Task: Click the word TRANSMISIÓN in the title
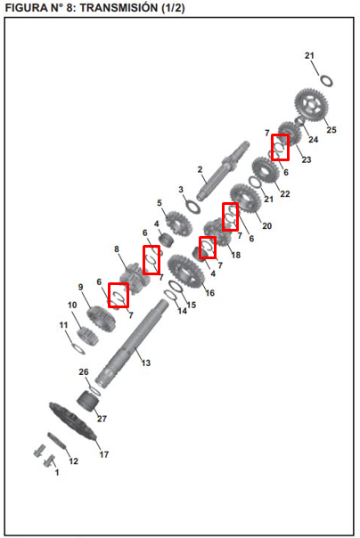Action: click(119, 7)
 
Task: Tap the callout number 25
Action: click(331, 130)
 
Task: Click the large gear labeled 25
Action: click(311, 104)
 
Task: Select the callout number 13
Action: click(146, 363)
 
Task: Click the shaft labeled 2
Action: click(223, 170)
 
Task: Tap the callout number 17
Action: click(104, 454)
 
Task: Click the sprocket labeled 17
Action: click(73, 421)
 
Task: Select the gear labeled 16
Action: click(185, 272)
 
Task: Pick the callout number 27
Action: click(102, 419)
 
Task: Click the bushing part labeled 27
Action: click(87, 401)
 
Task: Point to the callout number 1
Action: click(57, 472)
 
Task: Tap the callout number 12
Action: click(73, 461)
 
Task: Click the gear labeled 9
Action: click(101, 319)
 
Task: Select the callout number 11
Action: click(64, 324)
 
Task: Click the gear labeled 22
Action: click(265, 170)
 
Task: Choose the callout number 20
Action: click(267, 225)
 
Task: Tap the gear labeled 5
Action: click(179, 223)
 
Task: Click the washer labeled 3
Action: click(192, 207)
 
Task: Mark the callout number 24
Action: click(313, 139)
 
